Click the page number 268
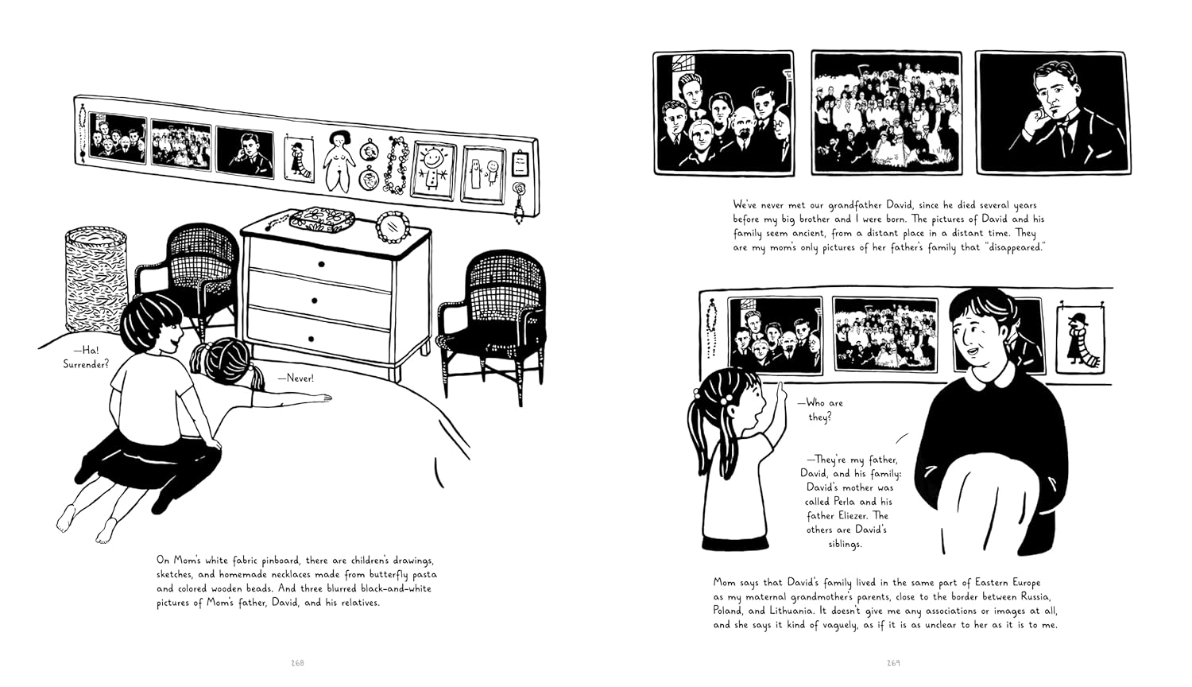click(298, 662)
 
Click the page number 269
click(893, 662)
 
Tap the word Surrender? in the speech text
click(86, 363)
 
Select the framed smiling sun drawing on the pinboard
click(433, 169)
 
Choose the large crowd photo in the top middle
click(886, 113)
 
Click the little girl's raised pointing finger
click(780, 388)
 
